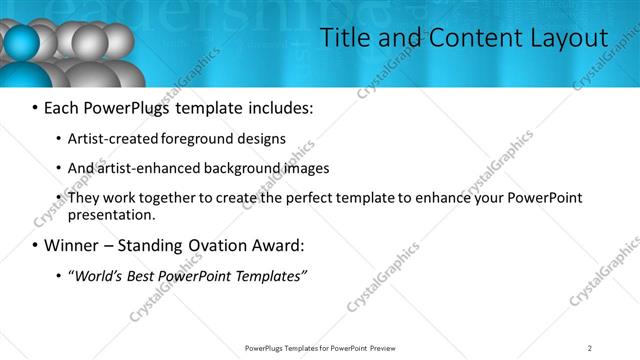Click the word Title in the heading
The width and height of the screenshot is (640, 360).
343,38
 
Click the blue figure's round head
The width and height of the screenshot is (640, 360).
22,44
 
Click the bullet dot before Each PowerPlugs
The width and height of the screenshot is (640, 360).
36,107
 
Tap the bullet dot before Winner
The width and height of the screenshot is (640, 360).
36,245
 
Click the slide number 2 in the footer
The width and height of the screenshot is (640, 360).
590,348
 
